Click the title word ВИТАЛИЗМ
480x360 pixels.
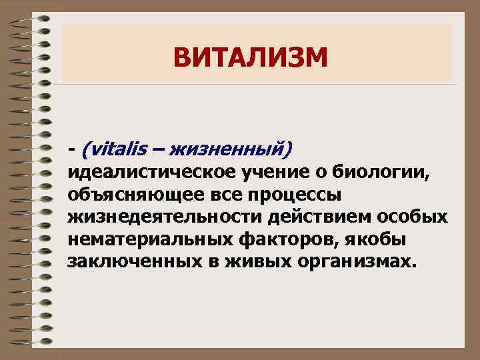(251, 57)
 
